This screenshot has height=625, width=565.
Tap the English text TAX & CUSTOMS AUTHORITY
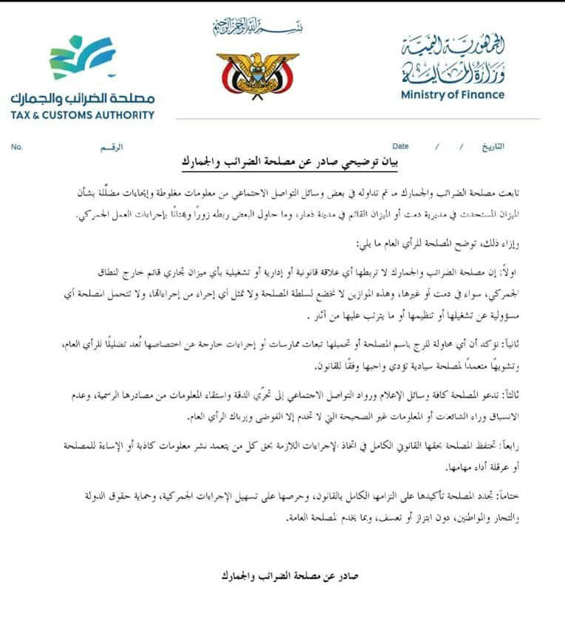pos(83,115)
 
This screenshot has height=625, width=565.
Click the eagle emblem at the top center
pos(257,72)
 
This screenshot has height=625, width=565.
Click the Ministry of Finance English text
pos(453,95)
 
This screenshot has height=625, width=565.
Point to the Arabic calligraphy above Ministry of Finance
pos(453,59)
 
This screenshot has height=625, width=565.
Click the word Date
pos(400,146)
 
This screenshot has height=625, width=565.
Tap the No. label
pos(17,147)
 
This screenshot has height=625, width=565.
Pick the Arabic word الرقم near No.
pos(112,147)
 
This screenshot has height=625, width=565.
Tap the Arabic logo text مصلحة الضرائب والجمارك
pos(83,98)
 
